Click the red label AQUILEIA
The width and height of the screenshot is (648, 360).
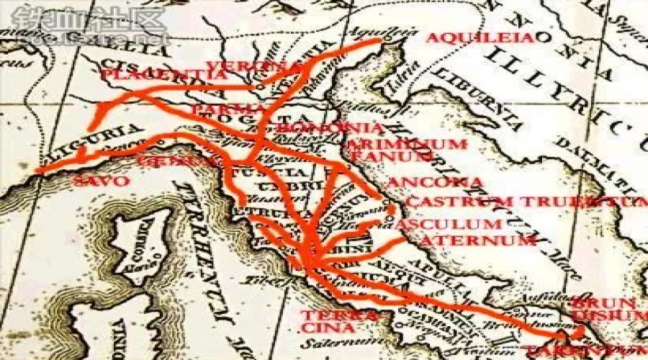click(481, 38)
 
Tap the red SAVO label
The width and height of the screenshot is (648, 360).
click(101, 181)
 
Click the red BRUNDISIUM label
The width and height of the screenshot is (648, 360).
click(606, 309)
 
